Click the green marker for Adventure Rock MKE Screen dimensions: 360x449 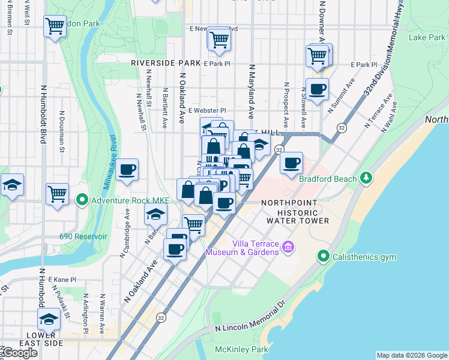(x=82, y=199)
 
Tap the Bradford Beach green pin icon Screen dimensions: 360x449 (x=366, y=178)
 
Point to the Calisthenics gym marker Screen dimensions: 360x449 (x=324, y=257)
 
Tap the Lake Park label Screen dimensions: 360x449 (x=426, y=37)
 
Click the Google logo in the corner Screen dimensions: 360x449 (x=20, y=353)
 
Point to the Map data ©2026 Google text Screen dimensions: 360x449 (x=411, y=355)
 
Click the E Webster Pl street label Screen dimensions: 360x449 (x=206, y=110)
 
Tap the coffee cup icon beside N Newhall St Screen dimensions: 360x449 (x=127, y=170)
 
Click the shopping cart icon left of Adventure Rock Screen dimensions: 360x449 (x=57, y=193)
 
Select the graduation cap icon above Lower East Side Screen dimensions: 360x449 (x=49, y=319)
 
